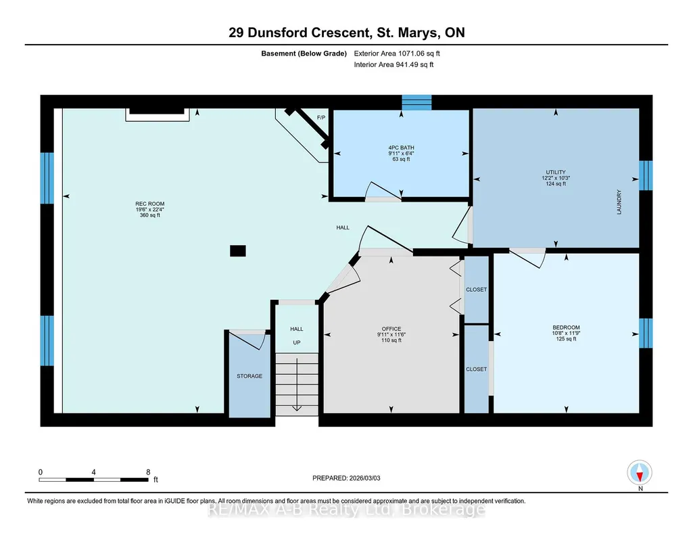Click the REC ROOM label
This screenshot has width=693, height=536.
tap(150, 204)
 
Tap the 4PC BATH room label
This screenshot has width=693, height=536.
tap(402, 148)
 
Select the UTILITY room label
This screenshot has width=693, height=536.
tap(556, 172)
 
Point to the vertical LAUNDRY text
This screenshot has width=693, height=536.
tap(619, 202)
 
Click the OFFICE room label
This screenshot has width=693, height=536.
tap(391, 329)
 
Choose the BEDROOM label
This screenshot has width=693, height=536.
tap(566, 328)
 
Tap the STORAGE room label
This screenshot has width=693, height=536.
tap(249, 376)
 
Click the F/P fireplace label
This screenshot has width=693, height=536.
tap(321, 117)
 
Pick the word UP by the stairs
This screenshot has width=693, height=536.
tap(297, 342)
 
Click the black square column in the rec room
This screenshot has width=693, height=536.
tap(238, 251)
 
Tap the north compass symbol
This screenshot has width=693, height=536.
tap(640, 472)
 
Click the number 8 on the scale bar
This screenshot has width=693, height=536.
tap(148, 472)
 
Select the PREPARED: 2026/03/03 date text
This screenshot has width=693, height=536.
tap(346, 478)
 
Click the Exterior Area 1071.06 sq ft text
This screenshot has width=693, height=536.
tap(397, 53)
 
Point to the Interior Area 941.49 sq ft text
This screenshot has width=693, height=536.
tap(393, 64)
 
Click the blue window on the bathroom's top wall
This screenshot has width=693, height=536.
tap(416, 102)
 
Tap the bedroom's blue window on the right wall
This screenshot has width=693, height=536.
tap(646, 333)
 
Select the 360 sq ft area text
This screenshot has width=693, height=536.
tap(150, 215)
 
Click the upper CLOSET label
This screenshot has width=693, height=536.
tap(477, 290)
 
